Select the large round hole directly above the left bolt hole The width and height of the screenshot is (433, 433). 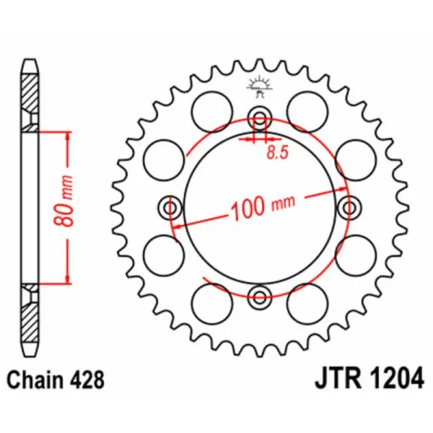coord(162,157)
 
